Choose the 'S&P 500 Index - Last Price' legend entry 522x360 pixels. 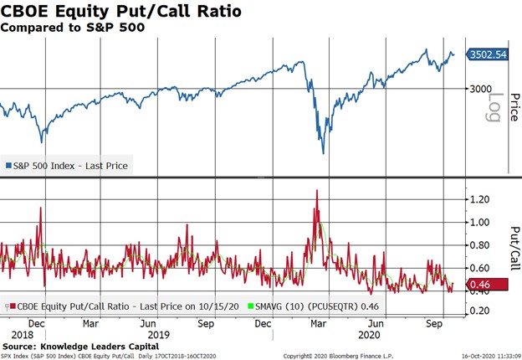click(x=67, y=166)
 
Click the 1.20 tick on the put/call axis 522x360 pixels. click(x=478, y=199)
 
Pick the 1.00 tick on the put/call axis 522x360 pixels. click(x=478, y=223)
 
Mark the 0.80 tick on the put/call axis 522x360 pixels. click(x=478, y=245)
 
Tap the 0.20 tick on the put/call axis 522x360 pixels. click(x=478, y=311)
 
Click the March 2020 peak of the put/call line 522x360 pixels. click(x=317, y=191)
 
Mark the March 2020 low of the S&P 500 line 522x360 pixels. click(x=323, y=153)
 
